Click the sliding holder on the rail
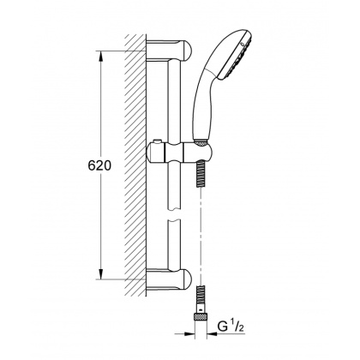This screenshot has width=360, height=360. [175, 154]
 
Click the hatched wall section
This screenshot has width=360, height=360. [134, 163]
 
